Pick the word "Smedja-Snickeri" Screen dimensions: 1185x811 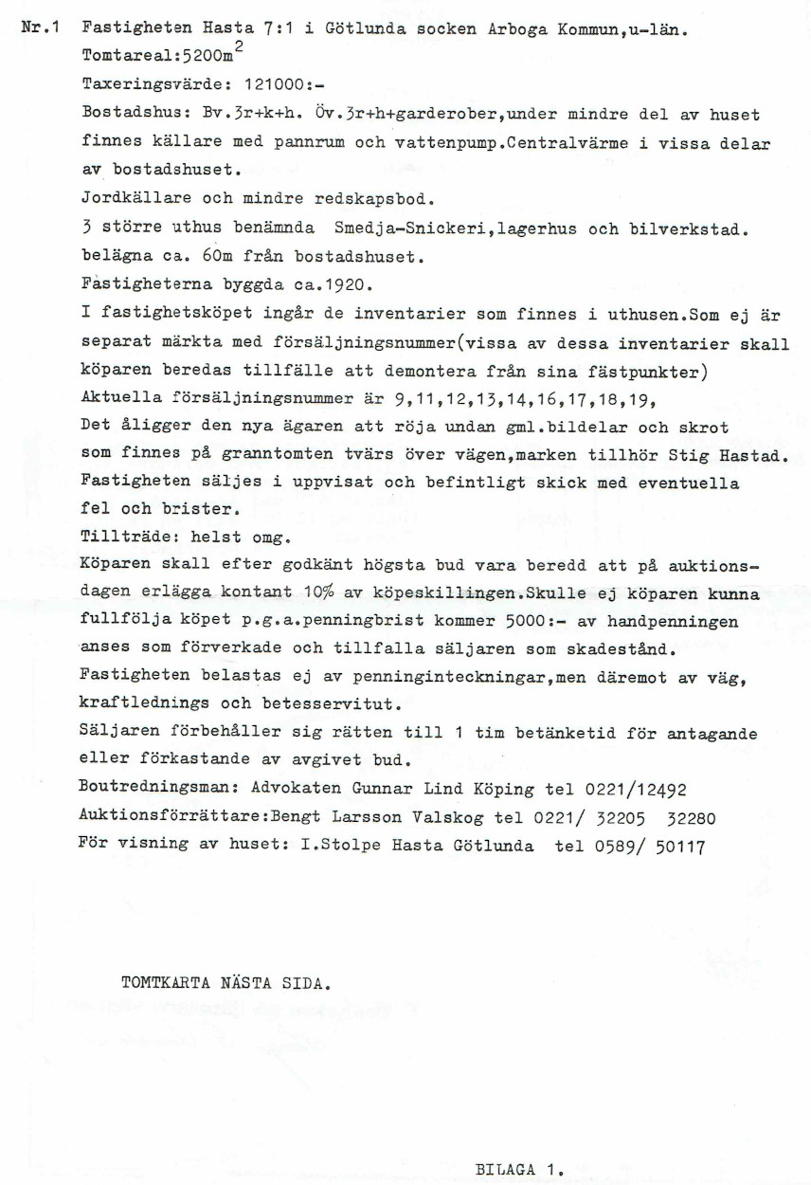pyautogui.click(x=398, y=230)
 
